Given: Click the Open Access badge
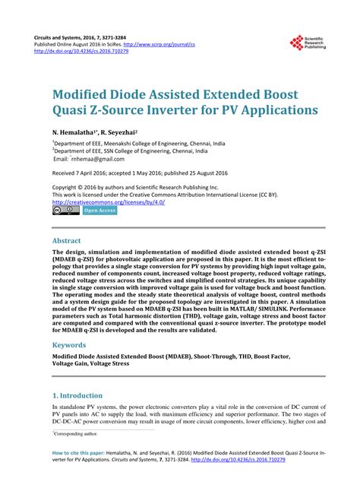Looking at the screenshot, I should pyautogui.click(x=99, y=210).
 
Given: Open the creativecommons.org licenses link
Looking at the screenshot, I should pyautogui.click(x=108, y=202).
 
